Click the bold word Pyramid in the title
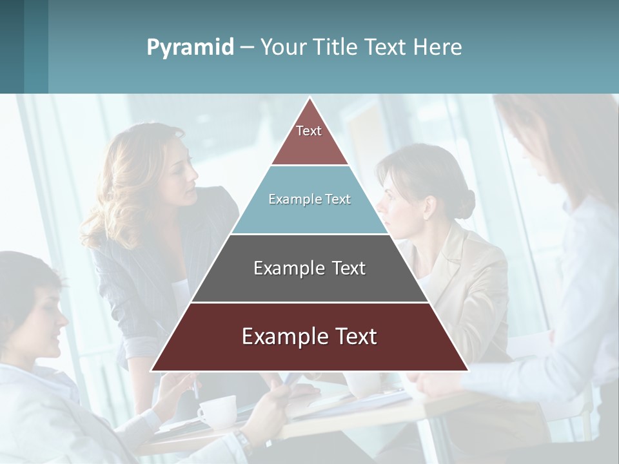click(x=190, y=47)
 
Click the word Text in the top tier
click(x=309, y=131)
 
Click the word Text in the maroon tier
click(x=353, y=336)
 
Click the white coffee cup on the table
click(x=217, y=411)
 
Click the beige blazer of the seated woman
click(x=471, y=284)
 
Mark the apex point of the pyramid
click(x=310, y=99)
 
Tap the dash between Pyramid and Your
click(x=247, y=48)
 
